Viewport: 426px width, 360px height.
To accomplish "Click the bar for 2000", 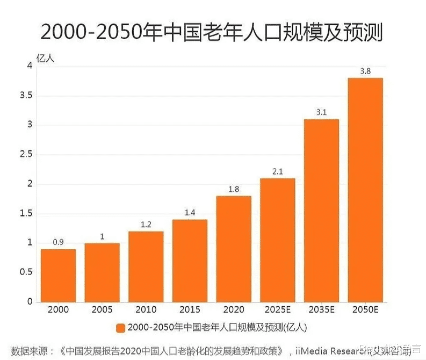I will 58,275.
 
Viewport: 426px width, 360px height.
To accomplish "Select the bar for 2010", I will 146,267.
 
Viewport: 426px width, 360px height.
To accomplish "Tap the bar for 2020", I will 234,249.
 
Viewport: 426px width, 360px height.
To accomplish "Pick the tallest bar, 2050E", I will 365,190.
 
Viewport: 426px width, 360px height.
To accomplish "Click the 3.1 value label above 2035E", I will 322,112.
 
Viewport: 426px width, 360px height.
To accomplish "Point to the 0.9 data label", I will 58,242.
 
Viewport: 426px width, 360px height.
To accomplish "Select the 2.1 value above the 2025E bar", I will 278,171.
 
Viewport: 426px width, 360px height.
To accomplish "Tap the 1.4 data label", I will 190,213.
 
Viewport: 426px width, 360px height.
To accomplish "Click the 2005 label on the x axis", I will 102,311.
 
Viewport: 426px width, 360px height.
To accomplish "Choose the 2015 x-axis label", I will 190,311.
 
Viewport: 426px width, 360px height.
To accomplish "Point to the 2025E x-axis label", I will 278,311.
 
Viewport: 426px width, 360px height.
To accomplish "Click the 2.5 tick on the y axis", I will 26,155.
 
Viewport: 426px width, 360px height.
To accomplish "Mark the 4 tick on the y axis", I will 30,66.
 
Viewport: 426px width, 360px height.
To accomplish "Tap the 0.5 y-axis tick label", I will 26,272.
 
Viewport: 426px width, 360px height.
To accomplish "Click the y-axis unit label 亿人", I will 45,55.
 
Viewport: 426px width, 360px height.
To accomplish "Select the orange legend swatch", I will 120,328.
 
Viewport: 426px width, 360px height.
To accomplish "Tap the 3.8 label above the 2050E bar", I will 365,71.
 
